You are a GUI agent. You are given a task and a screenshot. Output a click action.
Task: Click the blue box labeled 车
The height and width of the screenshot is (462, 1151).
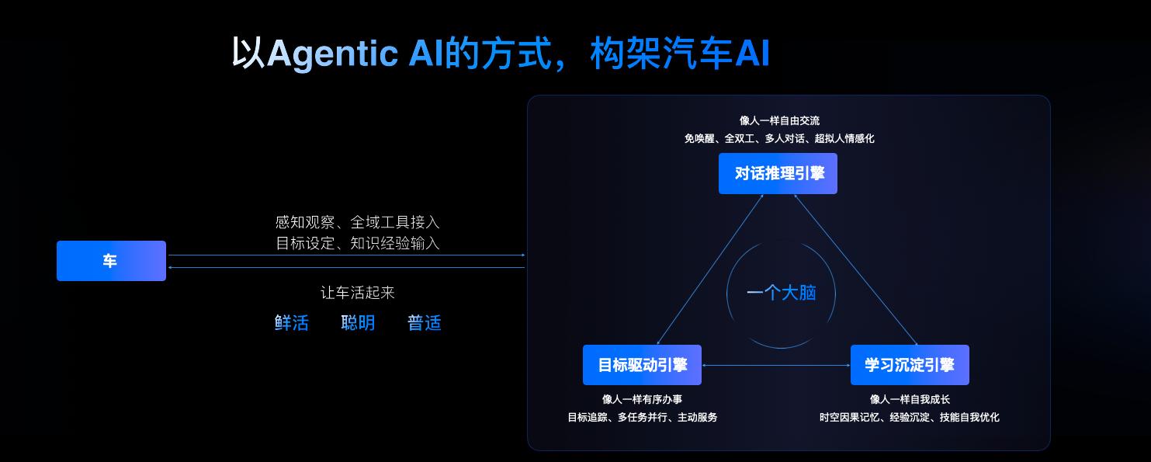[111, 261]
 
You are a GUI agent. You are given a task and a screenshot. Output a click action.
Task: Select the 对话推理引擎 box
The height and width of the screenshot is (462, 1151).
[778, 173]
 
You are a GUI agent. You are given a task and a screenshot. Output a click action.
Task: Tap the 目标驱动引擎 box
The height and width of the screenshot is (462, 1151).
[642, 365]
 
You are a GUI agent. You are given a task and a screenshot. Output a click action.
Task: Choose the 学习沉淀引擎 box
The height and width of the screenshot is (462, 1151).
[910, 365]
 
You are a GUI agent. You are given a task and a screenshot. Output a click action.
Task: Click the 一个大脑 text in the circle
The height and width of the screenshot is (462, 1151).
[781, 293]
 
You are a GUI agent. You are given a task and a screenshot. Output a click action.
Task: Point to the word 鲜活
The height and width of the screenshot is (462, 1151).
[292, 323]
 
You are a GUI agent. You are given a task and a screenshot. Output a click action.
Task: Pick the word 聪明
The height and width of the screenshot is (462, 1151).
[358, 323]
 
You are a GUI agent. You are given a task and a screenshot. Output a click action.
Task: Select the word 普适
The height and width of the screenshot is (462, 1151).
[425, 323]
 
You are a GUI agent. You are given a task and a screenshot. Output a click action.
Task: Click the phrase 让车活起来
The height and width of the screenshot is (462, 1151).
[358, 293]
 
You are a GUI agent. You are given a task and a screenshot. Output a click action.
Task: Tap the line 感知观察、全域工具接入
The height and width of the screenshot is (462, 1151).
[358, 223]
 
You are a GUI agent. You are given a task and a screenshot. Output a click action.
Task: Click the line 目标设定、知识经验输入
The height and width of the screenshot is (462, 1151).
[358, 243]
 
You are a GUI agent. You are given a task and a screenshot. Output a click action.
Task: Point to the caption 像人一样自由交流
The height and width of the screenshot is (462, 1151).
[779, 120]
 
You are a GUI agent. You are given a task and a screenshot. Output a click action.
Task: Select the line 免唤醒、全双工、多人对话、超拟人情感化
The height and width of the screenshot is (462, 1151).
[779, 138]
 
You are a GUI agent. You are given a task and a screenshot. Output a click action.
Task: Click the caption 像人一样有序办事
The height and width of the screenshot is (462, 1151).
[642, 399]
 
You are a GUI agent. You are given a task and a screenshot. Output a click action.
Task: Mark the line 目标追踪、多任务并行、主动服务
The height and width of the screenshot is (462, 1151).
[642, 417]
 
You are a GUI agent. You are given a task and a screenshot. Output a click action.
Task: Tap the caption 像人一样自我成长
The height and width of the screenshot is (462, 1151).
[910, 399]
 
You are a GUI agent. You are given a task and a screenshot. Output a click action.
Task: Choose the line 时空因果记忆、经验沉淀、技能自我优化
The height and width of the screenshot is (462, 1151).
[910, 417]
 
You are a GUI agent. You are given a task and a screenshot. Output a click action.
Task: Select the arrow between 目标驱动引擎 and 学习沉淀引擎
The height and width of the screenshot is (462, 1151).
[776, 365]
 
